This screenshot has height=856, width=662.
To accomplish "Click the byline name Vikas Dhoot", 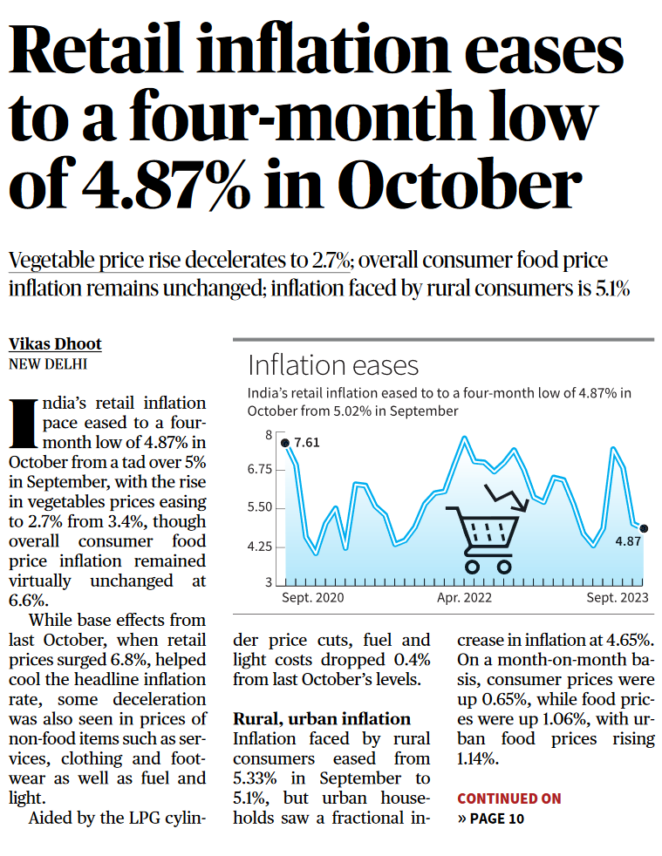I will [x=55, y=343].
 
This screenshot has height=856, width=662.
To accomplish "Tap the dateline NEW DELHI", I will [x=48, y=364].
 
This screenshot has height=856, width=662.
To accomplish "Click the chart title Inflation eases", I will [x=333, y=364].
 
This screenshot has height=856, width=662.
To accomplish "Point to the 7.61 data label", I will [x=307, y=443].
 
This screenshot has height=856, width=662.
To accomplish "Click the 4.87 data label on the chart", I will [x=628, y=541].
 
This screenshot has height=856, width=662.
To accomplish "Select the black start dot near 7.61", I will [x=285, y=443].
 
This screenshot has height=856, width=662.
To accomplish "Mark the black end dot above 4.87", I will [x=644, y=528].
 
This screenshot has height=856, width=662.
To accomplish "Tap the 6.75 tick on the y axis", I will [x=257, y=470].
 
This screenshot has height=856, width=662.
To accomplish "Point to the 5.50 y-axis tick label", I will [x=257, y=507].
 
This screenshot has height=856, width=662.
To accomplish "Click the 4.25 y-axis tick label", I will [x=257, y=547].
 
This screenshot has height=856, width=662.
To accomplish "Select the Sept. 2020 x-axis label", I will [x=312, y=598].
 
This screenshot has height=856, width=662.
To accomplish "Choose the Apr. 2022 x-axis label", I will [x=464, y=598].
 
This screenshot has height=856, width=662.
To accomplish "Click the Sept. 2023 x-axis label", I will [x=618, y=598].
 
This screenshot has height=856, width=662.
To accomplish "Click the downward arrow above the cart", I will [x=508, y=499].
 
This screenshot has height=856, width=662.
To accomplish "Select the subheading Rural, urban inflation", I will [x=321, y=719].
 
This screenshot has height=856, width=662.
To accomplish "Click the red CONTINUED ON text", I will [x=509, y=798].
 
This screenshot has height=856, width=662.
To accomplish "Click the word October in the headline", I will [x=459, y=187].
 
